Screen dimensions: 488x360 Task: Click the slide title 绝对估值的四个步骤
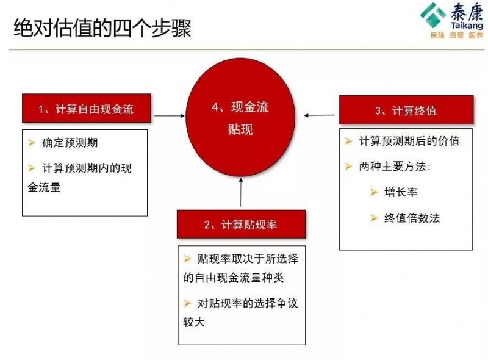tap(102, 28)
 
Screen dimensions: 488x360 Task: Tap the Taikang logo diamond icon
tap(433, 15)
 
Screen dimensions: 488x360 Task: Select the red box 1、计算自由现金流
tap(87, 108)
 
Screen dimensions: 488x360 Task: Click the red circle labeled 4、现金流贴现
tap(240, 117)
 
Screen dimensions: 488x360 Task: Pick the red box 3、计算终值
tap(406, 110)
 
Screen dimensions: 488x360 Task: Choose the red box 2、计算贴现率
tap(241, 224)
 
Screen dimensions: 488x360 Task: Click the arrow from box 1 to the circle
tap(170, 116)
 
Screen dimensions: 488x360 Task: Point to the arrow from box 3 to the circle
tap(320, 115)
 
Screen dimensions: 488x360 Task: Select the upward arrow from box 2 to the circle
tap(240, 192)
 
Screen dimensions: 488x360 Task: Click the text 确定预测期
tap(70, 143)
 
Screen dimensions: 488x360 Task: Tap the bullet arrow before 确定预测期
tap(32, 143)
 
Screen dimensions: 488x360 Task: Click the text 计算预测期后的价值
tap(409, 141)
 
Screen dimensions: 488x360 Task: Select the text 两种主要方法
tap(392, 167)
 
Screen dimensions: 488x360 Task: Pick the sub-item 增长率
tap(401, 192)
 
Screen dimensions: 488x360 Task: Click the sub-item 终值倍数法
tap(412, 218)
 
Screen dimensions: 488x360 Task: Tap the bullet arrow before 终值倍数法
tap(374, 218)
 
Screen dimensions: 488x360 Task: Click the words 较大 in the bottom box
tap(194, 322)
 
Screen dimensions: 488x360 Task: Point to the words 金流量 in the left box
tap(44, 187)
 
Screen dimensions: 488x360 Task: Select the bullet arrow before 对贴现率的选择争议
tap(187, 303)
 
